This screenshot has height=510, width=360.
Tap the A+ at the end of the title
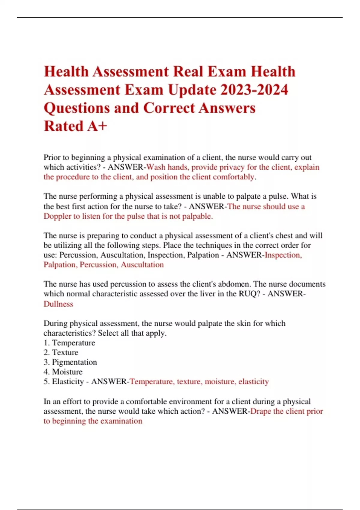point(97,126)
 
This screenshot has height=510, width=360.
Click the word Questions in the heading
point(77,108)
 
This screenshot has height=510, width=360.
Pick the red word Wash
point(156,167)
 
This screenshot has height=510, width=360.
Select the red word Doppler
point(57,216)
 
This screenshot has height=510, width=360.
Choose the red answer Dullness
point(58,304)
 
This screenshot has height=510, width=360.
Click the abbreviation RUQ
point(249,294)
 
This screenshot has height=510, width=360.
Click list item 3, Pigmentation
point(74,362)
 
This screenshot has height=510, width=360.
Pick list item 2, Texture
point(65,352)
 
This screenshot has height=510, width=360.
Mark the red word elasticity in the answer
point(253,382)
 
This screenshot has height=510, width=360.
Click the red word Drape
point(261,411)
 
